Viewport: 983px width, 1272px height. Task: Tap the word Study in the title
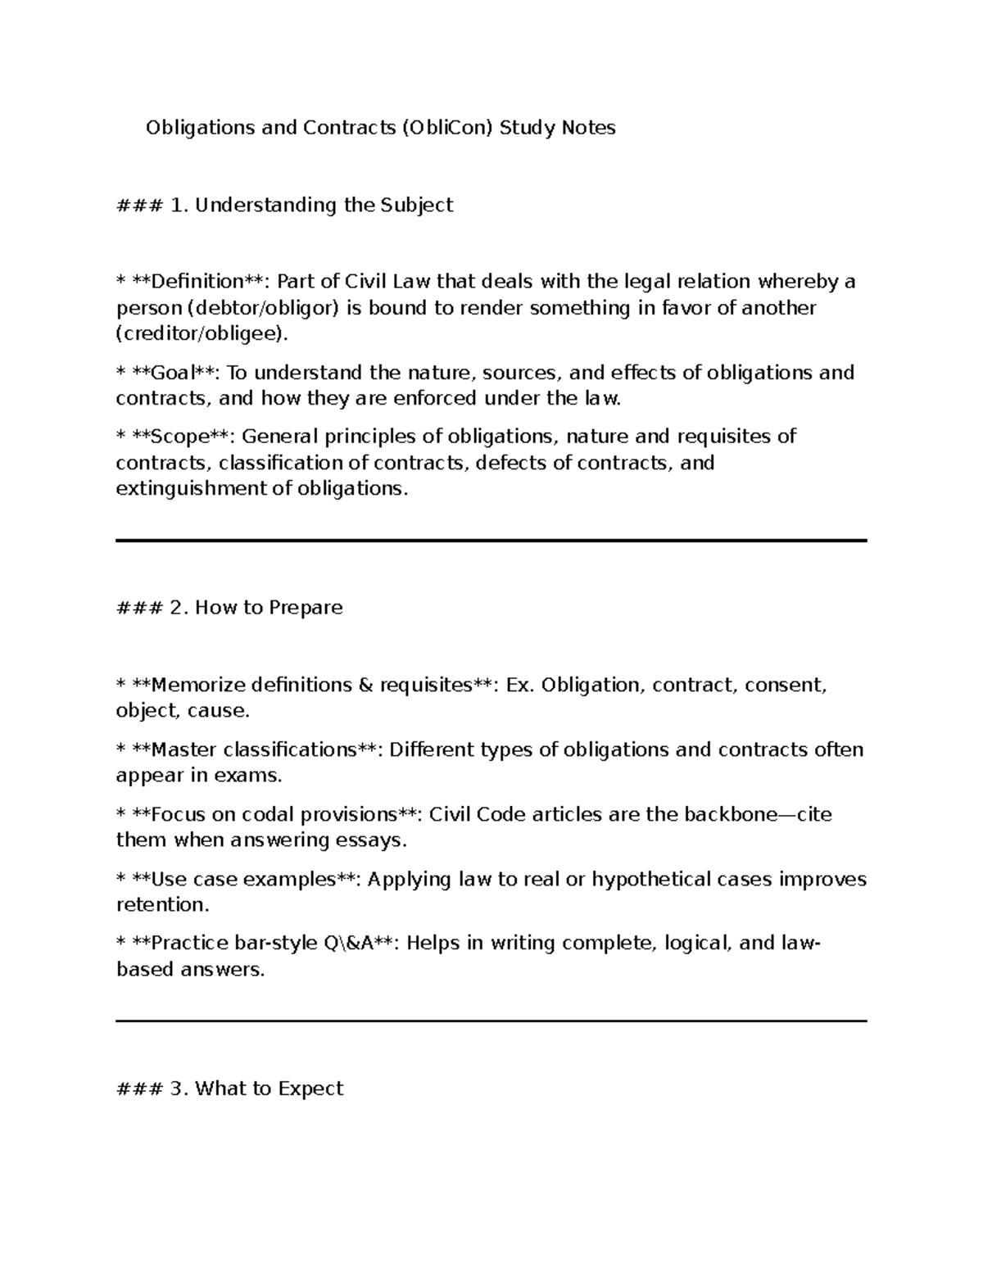tap(527, 128)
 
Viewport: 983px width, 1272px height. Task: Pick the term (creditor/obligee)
tap(202, 334)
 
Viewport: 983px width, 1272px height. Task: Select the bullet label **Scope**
tap(180, 436)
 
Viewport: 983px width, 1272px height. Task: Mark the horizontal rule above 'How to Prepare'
tap(491, 541)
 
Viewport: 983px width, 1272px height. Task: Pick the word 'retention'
tap(161, 905)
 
